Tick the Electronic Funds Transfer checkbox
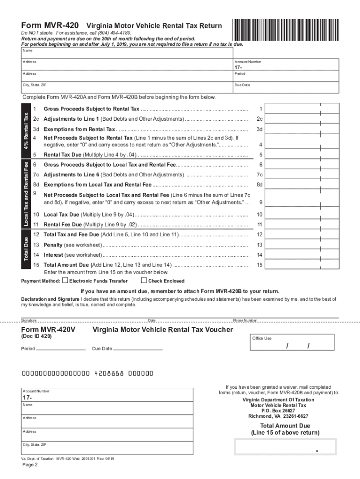click(65, 281)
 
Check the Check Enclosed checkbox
click(144, 281)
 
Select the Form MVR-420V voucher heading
click(49, 330)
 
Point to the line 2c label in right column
click(260, 119)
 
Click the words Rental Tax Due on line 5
click(62, 155)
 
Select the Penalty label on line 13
click(53, 245)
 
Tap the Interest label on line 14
click(53, 255)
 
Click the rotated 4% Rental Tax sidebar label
click(26, 130)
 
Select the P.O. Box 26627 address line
click(278, 411)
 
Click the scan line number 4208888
click(109, 374)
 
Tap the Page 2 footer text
click(29, 465)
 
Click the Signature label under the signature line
click(29, 320)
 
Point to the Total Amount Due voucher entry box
click(285, 447)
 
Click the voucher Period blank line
click(61, 348)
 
